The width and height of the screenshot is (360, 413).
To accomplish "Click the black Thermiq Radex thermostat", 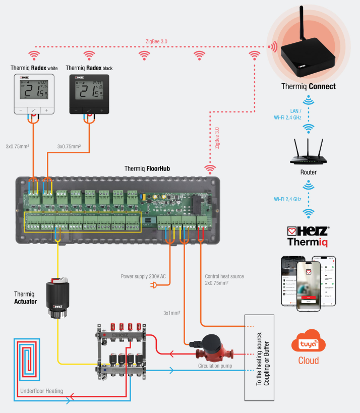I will click(x=89, y=93).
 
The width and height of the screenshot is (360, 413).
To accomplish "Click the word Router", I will click(x=308, y=172).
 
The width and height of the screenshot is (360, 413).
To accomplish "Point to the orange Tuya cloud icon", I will click(x=308, y=344).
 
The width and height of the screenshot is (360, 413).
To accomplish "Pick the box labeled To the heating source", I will click(x=259, y=358).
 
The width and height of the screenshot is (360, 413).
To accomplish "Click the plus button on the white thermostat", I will click(x=47, y=110).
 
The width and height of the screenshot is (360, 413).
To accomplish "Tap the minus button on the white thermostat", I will click(x=21, y=110).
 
